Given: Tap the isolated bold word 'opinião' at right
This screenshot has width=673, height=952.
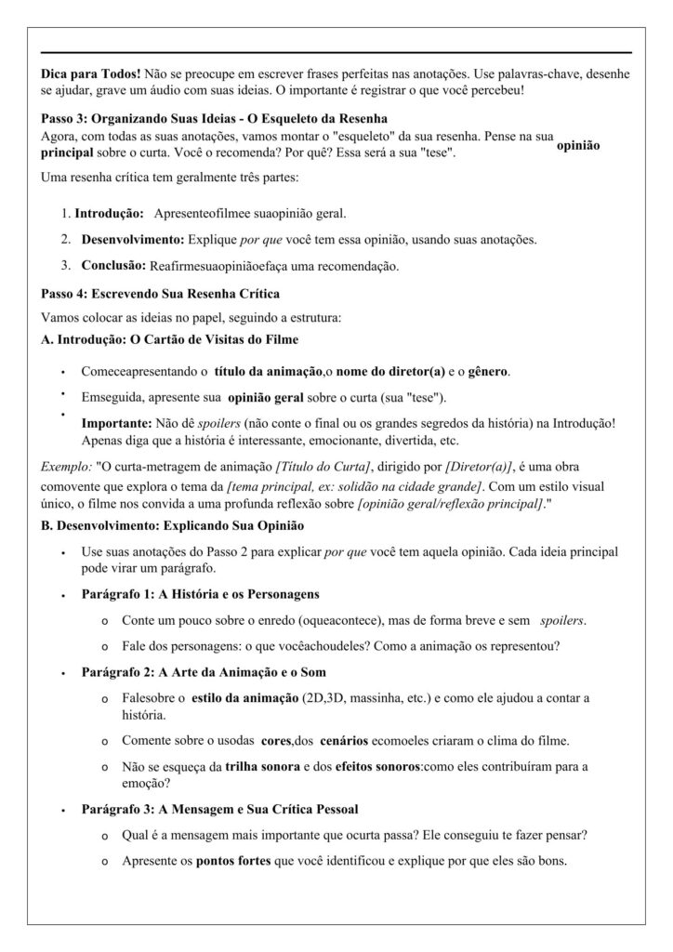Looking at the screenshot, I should pos(578,146).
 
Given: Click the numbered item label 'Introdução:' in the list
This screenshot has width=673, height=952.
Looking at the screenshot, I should pos(109,213).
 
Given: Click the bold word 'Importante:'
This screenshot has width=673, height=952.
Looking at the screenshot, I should pos(119,423).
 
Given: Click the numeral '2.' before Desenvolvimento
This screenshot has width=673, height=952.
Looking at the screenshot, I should pos(67,240).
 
